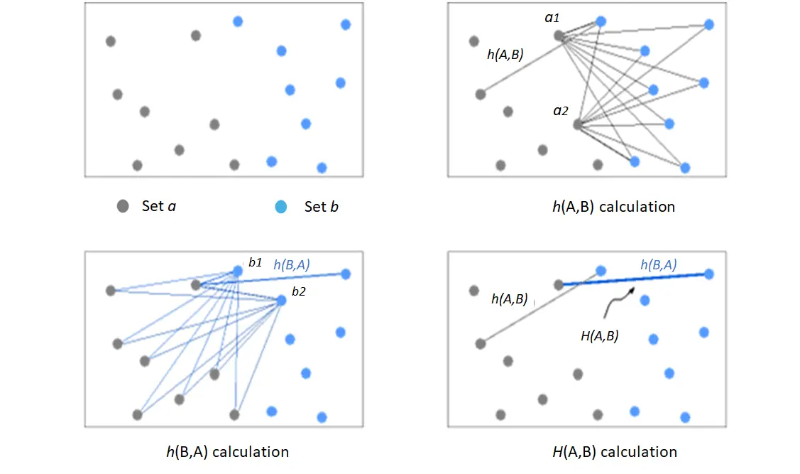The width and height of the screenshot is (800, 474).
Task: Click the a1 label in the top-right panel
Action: (x=552, y=18)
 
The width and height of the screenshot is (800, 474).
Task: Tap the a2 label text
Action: (x=561, y=110)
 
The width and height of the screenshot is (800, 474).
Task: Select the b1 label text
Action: (x=255, y=262)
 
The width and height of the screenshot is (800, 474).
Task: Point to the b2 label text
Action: (x=298, y=291)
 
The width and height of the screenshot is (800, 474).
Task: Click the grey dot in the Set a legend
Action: (x=122, y=206)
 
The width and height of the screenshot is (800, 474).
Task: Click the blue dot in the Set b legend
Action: (x=280, y=206)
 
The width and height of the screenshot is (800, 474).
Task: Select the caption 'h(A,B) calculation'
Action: (x=614, y=207)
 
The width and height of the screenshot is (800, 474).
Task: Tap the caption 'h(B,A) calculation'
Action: (x=228, y=452)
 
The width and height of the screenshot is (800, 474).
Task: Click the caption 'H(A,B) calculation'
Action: (x=615, y=452)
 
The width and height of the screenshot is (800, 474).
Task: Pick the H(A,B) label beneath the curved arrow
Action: (x=600, y=336)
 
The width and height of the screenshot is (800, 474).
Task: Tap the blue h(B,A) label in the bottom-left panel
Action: (x=292, y=264)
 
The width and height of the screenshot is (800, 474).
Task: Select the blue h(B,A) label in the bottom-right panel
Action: (x=659, y=264)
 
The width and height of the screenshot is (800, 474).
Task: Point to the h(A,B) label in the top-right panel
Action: (x=505, y=54)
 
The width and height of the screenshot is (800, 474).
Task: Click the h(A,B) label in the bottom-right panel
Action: (x=509, y=298)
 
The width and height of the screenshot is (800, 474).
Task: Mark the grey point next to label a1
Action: (x=559, y=36)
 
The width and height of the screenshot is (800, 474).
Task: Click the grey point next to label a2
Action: (x=578, y=124)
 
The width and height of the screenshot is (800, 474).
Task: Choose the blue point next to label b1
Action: (x=238, y=271)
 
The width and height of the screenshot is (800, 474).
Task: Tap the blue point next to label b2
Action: (x=281, y=301)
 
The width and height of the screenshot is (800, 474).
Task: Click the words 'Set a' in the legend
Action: (x=159, y=206)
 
